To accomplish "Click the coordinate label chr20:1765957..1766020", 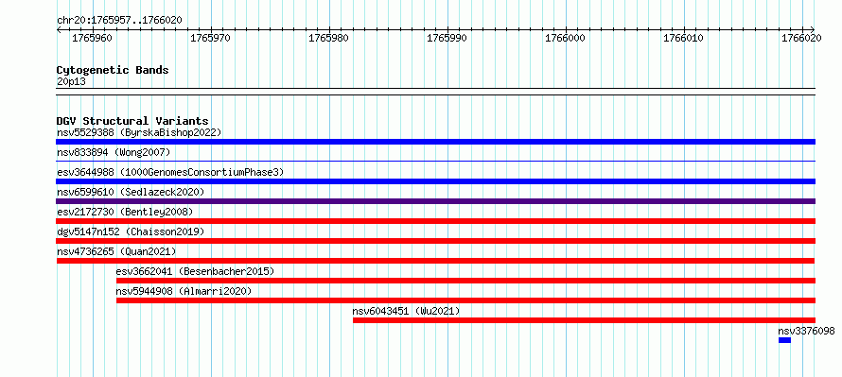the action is click(x=119, y=21).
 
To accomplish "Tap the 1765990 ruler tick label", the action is click(x=447, y=38).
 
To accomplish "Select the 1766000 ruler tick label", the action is click(x=565, y=38).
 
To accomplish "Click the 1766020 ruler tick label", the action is click(x=801, y=38).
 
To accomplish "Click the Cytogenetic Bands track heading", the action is click(x=113, y=70).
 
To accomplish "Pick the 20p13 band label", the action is click(x=71, y=82).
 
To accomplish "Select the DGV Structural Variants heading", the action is click(x=132, y=121).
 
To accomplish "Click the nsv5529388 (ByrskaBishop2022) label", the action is click(x=139, y=132).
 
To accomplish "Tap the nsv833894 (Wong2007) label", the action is click(x=114, y=152).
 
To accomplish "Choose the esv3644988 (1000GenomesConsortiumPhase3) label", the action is click(x=170, y=172).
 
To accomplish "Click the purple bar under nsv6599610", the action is click(x=435, y=201).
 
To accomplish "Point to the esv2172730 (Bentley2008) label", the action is click(x=125, y=212).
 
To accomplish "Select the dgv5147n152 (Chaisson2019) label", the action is click(x=131, y=231).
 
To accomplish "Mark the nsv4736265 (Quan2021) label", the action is click(x=116, y=251).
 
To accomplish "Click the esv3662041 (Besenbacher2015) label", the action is click(x=195, y=271).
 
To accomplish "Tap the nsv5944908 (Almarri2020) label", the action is click(x=184, y=291).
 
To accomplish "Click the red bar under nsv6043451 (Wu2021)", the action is click(x=585, y=320).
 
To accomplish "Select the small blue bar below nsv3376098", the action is click(x=784, y=340).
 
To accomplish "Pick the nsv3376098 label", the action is click(x=807, y=331).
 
